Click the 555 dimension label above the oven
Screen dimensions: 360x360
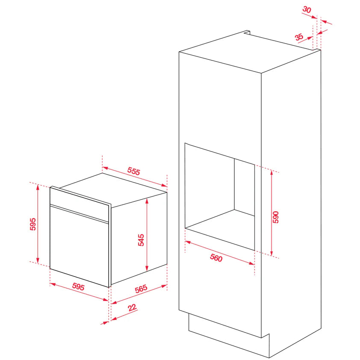tap(134, 171)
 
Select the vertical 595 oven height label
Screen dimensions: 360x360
tap(33, 224)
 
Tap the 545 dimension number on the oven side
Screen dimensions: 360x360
tap(141, 240)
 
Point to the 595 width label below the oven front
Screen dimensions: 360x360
tap(78, 286)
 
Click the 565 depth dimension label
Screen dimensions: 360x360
tap(141, 289)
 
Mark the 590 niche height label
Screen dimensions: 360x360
tap(275, 217)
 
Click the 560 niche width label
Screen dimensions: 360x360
tap(216, 258)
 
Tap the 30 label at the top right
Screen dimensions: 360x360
tap(307, 10)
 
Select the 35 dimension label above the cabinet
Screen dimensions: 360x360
tap(299, 37)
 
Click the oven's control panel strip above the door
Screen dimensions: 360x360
tap(79, 204)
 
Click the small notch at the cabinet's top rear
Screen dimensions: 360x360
tap(247, 32)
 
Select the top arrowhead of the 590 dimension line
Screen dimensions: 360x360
tap(271, 173)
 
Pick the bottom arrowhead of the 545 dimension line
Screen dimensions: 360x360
tap(147, 268)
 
